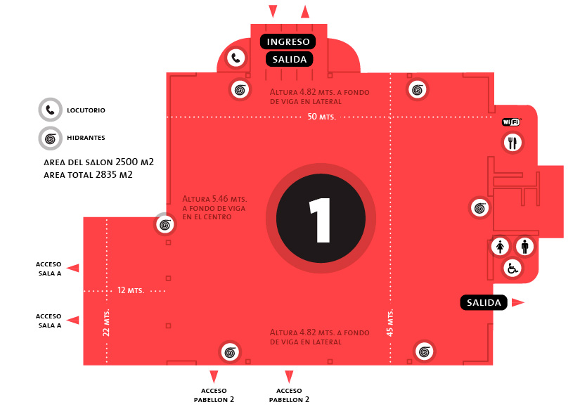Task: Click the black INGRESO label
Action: point(288,42)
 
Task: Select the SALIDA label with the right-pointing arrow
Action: point(484,303)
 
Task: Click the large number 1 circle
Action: point(321,219)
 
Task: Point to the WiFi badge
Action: point(511,122)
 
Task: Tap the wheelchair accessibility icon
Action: point(513,268)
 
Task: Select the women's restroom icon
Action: point(500,247)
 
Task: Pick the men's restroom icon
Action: point(525,247)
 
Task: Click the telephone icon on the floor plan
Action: point(237,58)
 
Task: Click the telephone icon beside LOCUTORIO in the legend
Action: point(50,110)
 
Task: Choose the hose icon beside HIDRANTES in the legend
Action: point(50,138)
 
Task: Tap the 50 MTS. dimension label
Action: point(321,117)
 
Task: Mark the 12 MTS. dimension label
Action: point(131,290)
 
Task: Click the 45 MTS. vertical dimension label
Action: point(391,323)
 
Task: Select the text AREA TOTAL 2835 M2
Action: point(88,174)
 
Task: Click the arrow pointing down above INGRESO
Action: point(273,11)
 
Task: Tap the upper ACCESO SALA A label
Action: point(49,269)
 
